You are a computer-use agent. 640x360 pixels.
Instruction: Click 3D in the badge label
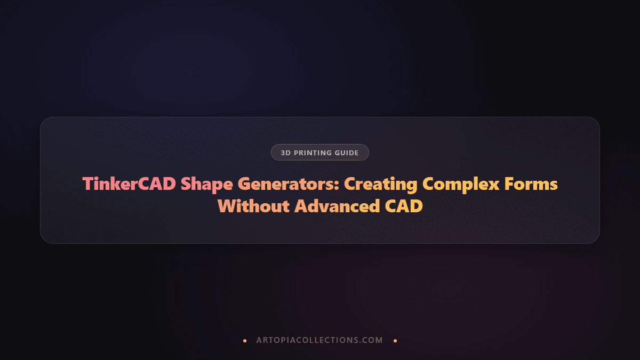(285, 153)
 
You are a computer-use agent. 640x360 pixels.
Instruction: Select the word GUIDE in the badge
(347, 153)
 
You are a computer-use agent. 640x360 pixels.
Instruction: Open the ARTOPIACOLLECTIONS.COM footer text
(319, 340)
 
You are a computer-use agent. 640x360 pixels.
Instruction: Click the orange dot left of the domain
(245, 340)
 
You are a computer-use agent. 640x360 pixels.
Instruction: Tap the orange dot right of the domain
(395, 340)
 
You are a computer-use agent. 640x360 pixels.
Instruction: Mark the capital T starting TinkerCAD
(87, 184)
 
